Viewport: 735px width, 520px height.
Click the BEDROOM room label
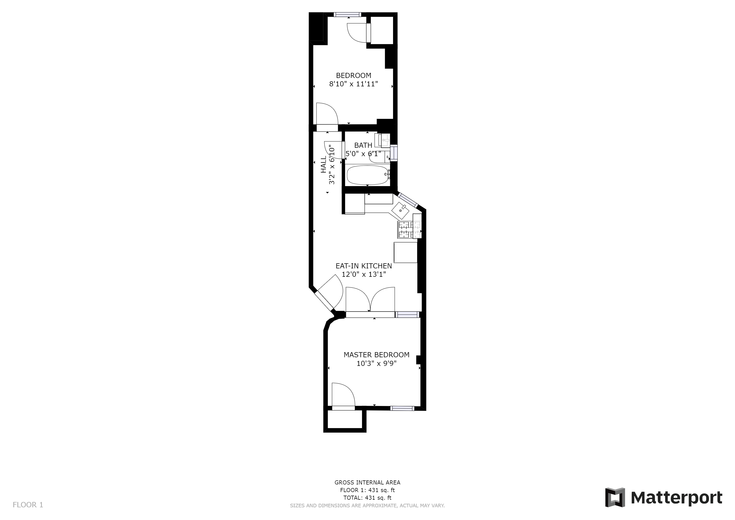[354, 76]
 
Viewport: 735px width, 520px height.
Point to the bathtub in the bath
[367, 175]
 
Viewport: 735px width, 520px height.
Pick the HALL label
[324, 165]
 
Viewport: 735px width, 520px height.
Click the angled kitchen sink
[400, 211]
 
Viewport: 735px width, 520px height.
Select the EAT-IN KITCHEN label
[364, 266]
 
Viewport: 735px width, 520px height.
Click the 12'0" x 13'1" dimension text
[364, 274]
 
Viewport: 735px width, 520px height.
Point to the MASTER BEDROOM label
[376, 355]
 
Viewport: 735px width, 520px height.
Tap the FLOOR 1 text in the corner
[28, 505]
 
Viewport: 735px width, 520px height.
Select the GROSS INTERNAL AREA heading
[367, 482]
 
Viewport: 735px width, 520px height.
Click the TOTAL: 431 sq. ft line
[367, 498]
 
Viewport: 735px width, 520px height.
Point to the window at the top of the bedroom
[347, 14]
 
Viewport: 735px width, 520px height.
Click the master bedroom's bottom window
[402, 408]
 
